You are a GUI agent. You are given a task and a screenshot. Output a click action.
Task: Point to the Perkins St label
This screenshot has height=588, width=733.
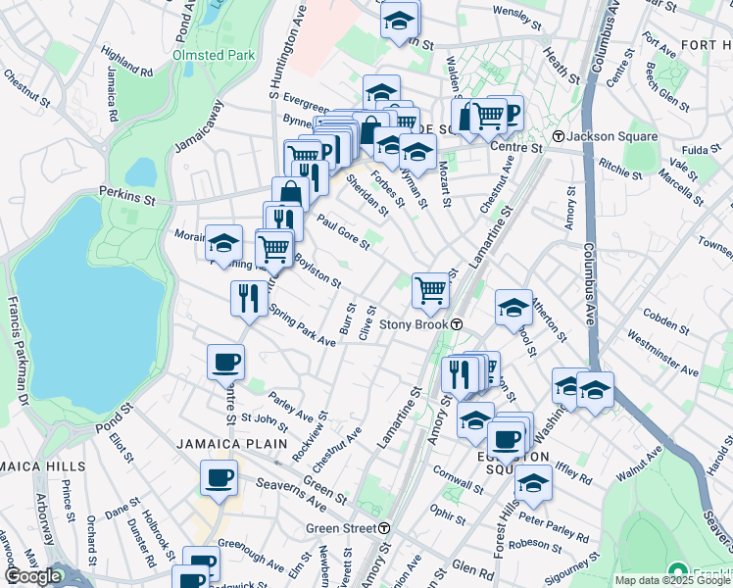tap(127, 196)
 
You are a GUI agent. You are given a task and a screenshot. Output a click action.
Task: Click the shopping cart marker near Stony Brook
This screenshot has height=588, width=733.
tap(430, 290)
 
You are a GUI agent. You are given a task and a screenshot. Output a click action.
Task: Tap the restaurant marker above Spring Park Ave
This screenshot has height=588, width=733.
tap(247, 297)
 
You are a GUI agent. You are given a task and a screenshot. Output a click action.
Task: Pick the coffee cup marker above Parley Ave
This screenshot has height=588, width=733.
tap(225, 362)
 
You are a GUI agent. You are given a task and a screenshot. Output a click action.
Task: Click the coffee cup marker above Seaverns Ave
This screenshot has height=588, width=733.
tap(219, 477)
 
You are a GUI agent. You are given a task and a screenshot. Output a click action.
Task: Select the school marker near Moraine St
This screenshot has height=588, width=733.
tap(223, 243)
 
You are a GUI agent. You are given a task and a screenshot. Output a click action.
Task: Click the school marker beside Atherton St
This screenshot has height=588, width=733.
tap(513, 308)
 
